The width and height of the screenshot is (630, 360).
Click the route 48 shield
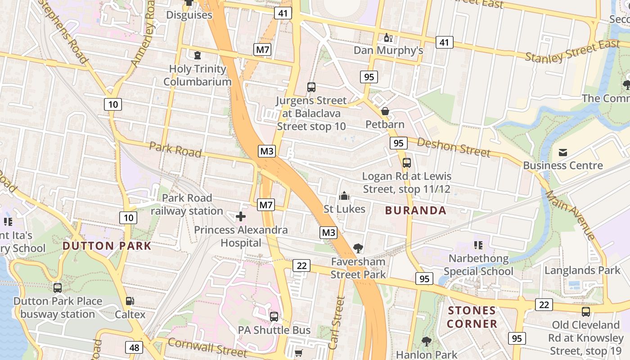point(135,347)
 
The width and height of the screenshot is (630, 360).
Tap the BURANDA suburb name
point(416,210)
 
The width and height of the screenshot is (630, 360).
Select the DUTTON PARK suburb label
point(107,246)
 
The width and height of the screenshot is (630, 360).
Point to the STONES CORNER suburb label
point(472,317)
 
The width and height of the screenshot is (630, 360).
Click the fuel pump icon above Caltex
point(130,301)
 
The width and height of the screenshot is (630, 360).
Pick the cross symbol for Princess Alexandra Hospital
point(241,217)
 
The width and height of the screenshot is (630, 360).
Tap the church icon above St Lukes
point(344,196)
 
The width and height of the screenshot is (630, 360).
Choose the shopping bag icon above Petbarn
point(385,111)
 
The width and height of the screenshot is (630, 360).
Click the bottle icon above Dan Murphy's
point(388,37)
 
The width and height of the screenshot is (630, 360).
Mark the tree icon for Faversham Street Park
point(358,248)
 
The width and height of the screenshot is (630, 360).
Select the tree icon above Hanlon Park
point(426,342)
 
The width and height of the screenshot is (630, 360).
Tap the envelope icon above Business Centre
point(562,153)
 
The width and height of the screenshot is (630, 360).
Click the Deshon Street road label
point(454,147)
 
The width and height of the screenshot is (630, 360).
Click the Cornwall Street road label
point(207,347)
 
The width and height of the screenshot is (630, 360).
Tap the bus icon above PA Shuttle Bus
point(274,316)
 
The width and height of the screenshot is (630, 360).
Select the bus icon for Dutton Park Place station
point(58,288)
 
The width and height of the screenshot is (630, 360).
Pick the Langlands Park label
point(582,270)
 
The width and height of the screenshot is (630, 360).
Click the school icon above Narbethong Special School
point(478,245)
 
